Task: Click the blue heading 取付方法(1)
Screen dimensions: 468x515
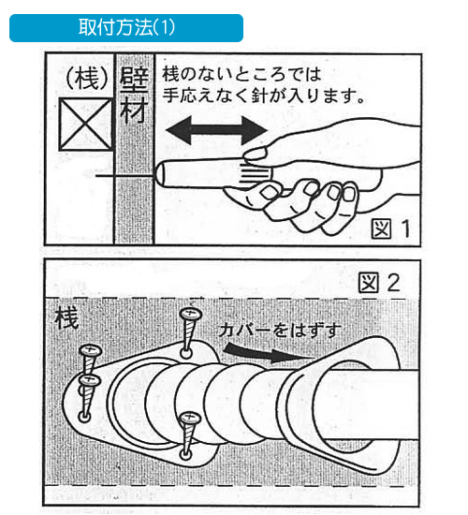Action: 126,27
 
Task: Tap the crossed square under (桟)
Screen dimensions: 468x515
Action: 86,125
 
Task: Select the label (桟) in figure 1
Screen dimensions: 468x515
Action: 87,80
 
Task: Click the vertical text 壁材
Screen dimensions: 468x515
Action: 134,96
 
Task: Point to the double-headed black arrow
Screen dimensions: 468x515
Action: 216,130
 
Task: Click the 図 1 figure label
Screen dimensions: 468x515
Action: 391,228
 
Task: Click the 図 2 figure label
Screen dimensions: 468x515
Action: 379,283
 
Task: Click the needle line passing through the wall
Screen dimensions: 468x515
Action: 125,177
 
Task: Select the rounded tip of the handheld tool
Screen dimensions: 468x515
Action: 160,174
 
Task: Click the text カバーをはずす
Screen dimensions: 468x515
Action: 280,331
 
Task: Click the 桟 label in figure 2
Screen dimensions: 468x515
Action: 67,317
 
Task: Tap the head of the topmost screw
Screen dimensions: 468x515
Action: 191,315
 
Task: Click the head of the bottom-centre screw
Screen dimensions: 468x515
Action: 190,418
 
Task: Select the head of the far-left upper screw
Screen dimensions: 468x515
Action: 90,351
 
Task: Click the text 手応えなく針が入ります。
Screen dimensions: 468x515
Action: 263,96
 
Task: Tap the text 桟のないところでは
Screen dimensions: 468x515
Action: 241,74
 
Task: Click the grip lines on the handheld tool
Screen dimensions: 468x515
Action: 255,173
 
